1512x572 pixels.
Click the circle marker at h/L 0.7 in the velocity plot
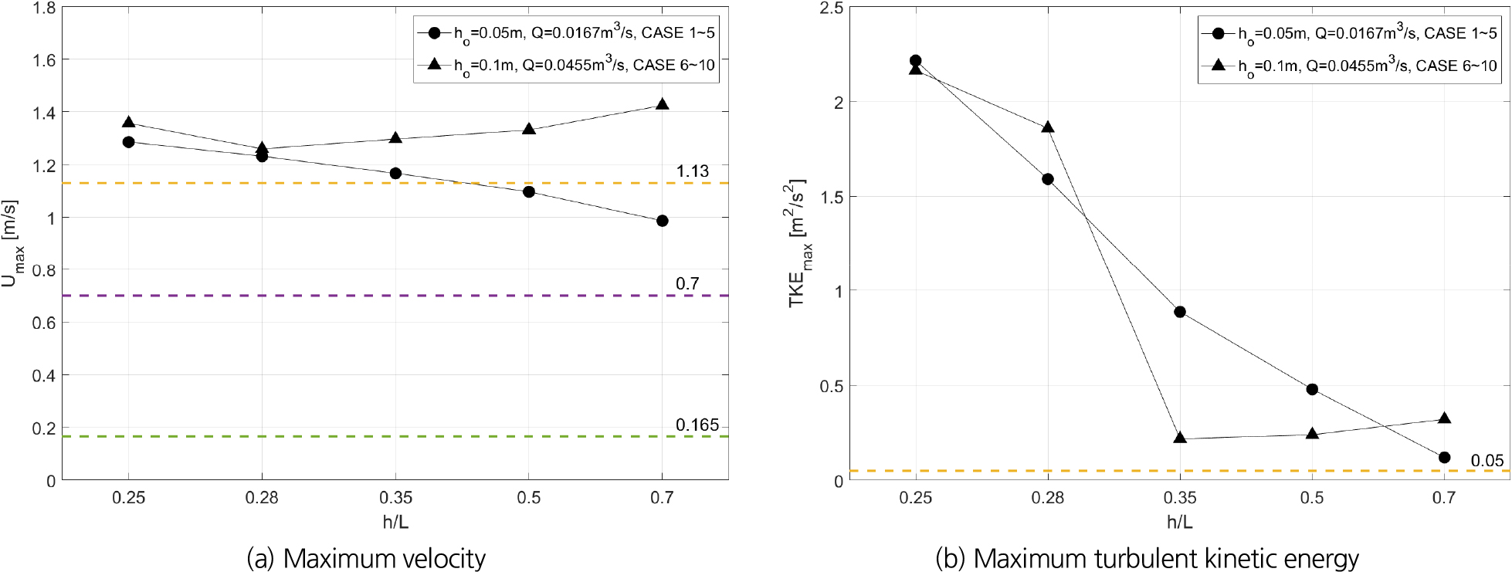pos(662,221)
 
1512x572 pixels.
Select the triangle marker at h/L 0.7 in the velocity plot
pos(662,104)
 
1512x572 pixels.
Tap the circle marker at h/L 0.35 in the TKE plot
pos(1180,312)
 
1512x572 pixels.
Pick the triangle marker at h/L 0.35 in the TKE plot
pos(1180,438)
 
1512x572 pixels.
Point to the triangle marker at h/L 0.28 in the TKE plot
pos(1048,127)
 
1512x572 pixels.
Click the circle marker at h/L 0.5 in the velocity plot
pos(529,191)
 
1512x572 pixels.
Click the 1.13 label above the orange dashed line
pos(693,171)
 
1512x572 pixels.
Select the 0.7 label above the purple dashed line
pos(687,284)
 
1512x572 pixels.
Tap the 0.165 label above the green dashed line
pos(697,425)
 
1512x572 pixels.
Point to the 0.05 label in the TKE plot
pos(1487,461)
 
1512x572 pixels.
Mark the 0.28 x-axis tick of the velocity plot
pos(262,498)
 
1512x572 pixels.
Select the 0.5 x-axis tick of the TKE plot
pos(1312,498)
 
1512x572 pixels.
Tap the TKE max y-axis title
pos(798,243)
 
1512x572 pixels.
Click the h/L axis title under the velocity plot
pos(395,522)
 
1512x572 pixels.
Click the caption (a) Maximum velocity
pos(366,558)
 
